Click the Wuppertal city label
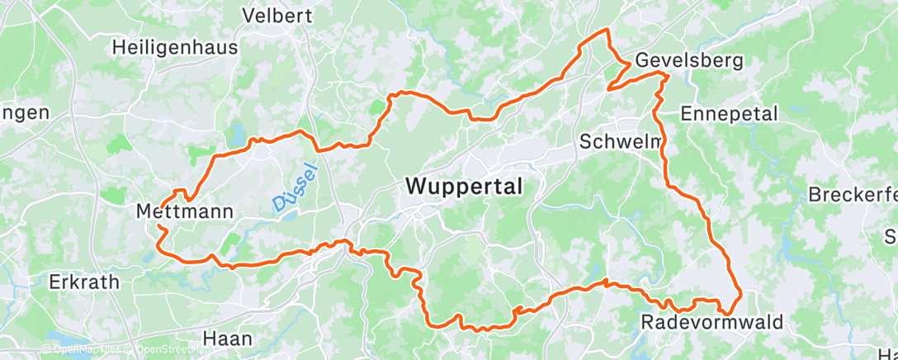464,187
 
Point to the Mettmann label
184,212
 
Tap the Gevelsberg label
688,61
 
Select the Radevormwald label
711,323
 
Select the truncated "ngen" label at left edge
25,113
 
